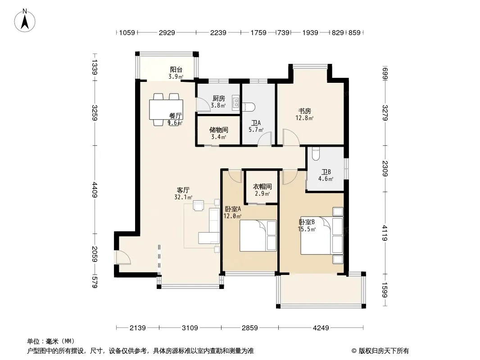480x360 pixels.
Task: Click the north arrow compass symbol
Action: point(25,21)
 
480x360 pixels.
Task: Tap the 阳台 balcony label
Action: point(177,70)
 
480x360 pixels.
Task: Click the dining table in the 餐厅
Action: point(166,109)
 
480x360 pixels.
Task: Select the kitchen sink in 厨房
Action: point(235,102)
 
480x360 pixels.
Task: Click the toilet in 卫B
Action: point(315,154)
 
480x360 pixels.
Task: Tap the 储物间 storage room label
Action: point(218,130)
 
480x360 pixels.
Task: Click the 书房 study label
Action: point(305,111)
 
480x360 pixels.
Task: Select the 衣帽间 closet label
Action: point(263,187)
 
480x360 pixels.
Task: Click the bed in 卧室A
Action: point(258,235)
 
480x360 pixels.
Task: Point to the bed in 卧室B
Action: point(322,235)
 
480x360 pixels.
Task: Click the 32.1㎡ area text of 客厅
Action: point(183,198)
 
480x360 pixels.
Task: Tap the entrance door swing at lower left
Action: point(123,257)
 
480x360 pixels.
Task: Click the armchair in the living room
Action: point(199,205)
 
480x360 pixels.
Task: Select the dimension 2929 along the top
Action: point(167,32)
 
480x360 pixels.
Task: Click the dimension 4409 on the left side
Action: point(95,189)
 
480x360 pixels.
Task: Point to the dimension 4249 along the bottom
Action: point(321,328)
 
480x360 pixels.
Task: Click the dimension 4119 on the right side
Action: point(385,233)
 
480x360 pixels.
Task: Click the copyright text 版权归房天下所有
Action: point(384,351)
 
